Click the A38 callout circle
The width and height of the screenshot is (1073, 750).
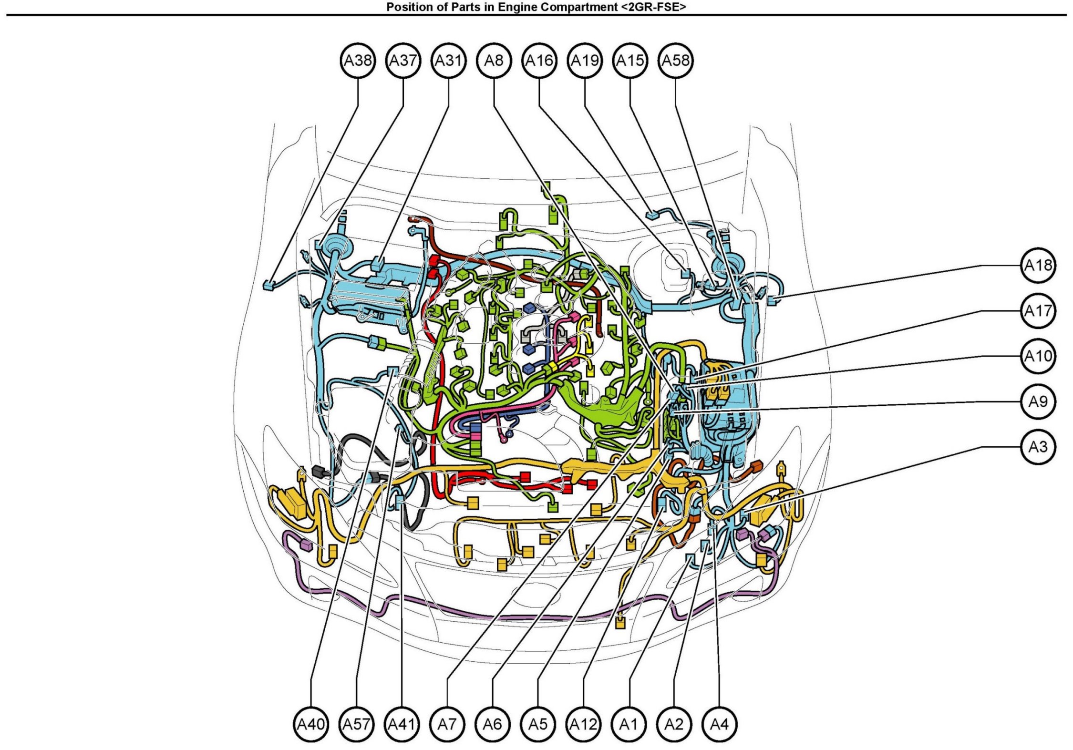[358, 61]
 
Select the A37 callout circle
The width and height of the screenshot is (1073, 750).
[403, 61]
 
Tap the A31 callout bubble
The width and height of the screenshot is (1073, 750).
[449, 61]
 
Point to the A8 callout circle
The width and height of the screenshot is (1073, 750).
[494, 61]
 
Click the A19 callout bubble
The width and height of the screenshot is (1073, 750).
[585, 61]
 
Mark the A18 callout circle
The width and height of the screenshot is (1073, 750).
[1038, 265]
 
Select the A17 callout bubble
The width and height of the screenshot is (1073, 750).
[1038, 311]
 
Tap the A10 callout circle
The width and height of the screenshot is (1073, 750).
[1038, 356]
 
